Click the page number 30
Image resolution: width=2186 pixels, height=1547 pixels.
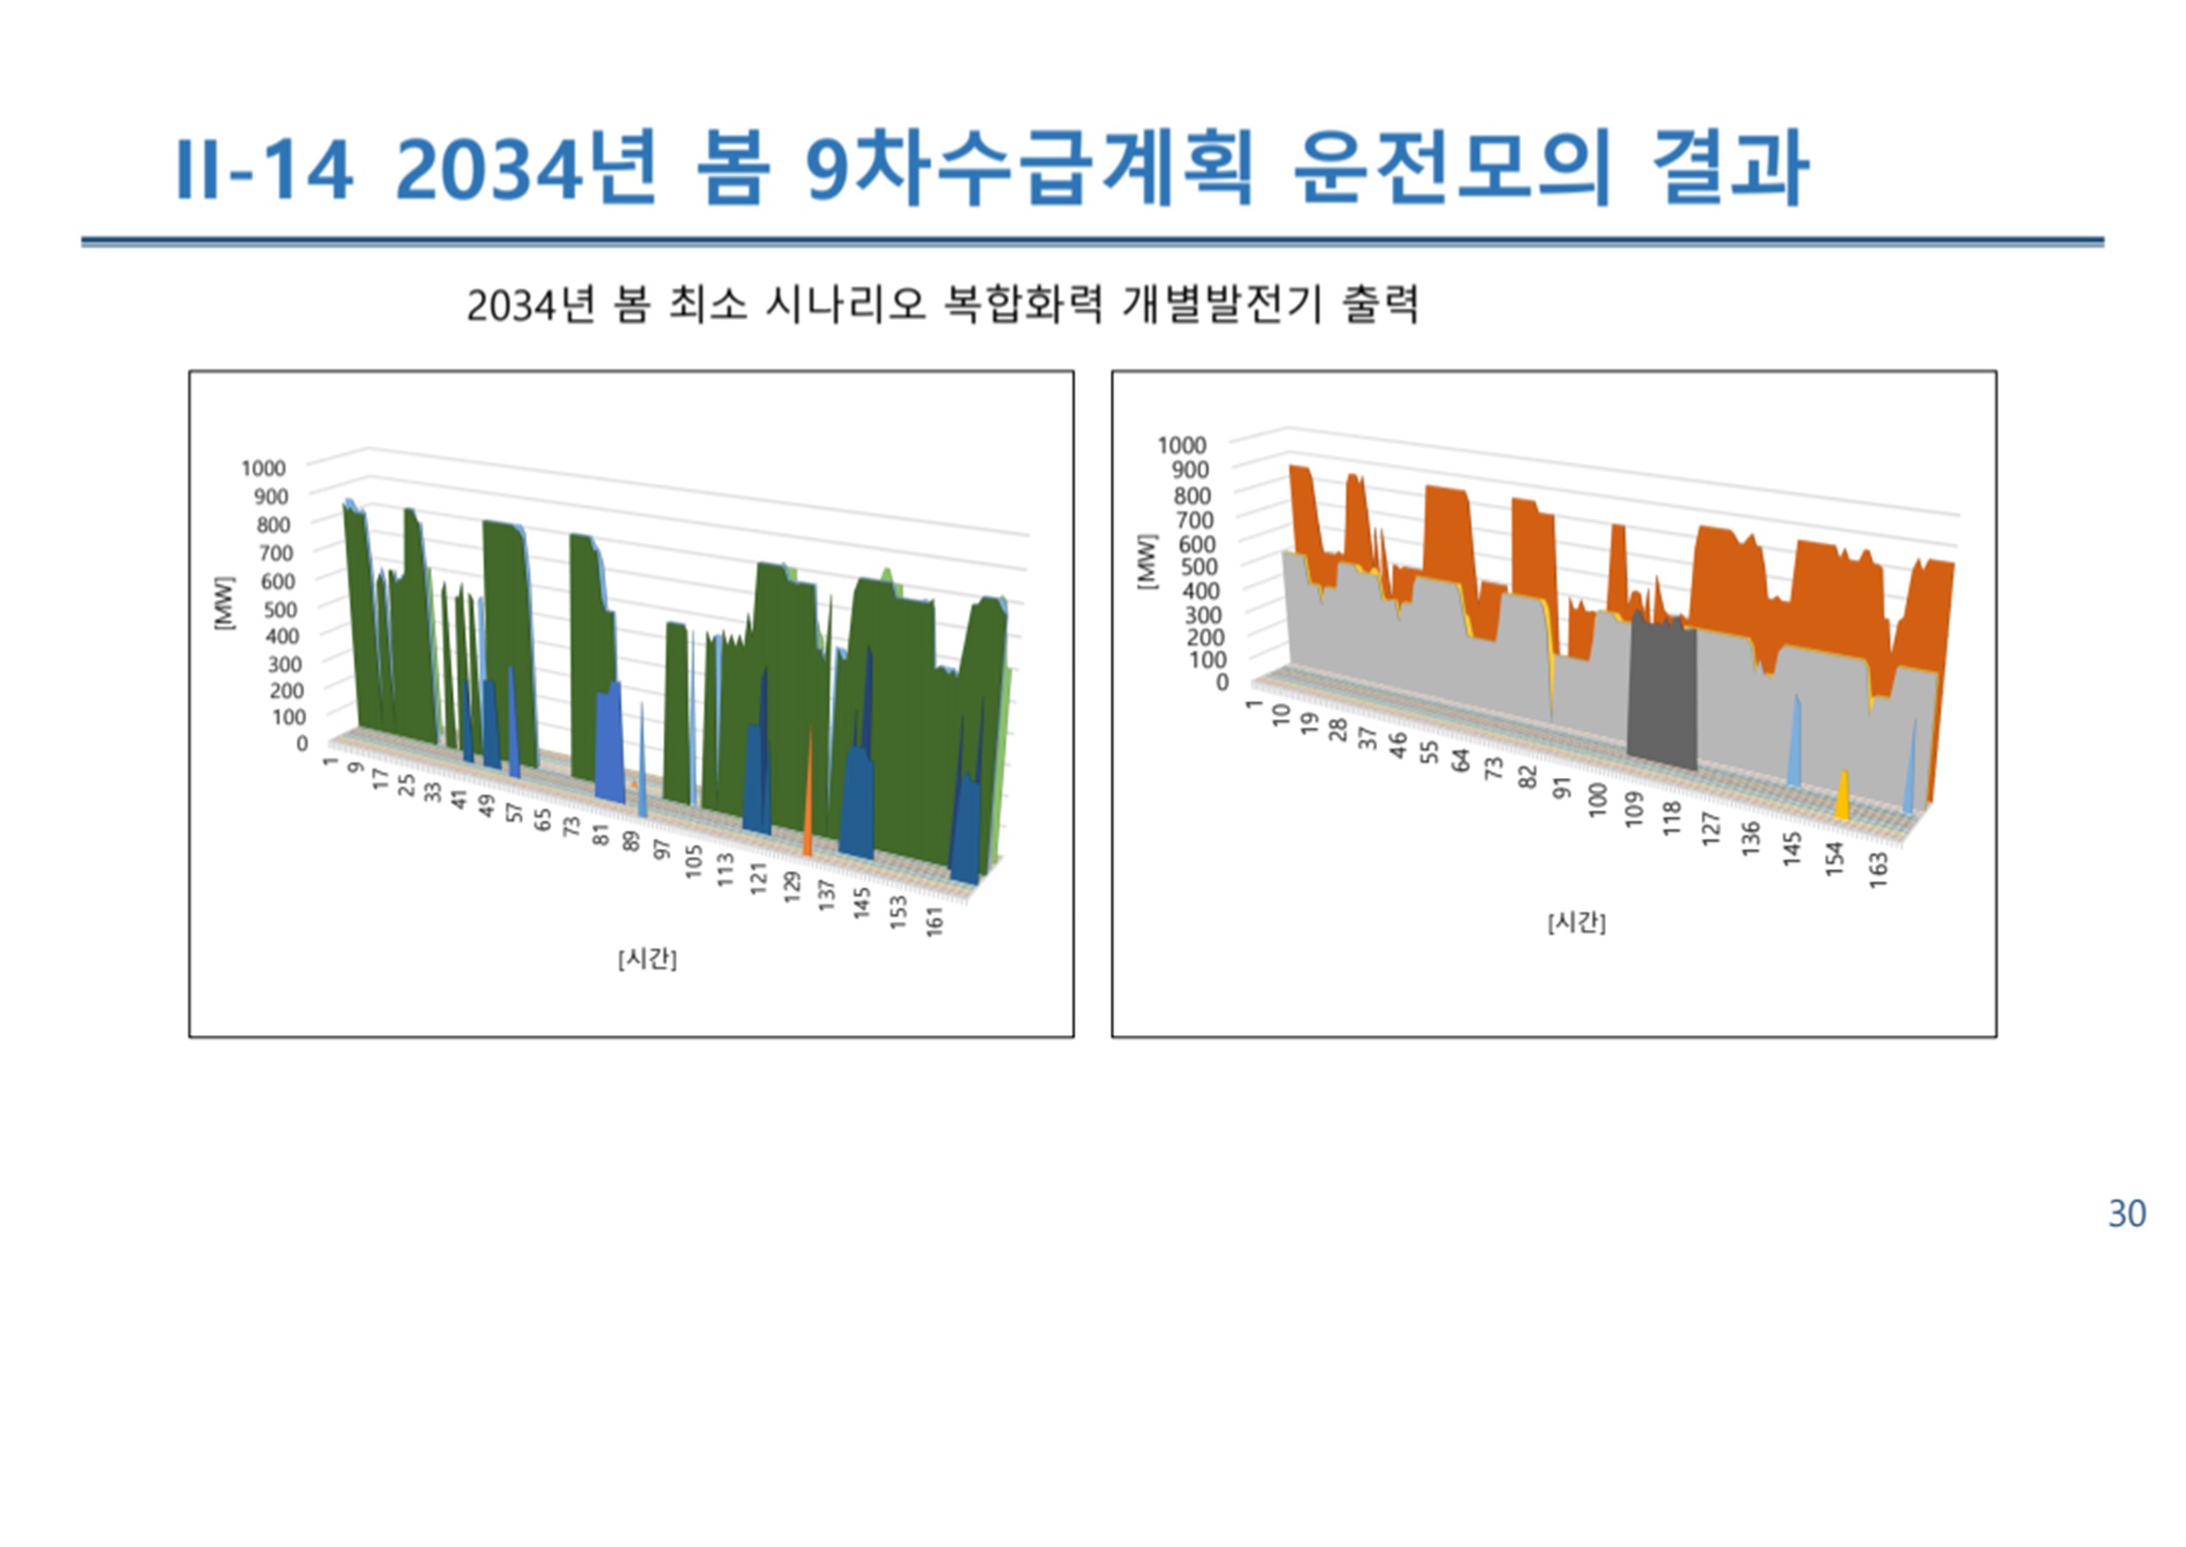[x=2127, y=1213]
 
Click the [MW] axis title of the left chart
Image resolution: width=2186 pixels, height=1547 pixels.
[x=224, y=602]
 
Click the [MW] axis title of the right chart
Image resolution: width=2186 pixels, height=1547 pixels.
[x=1147, y=560]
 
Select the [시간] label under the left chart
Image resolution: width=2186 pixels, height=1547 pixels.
[x=648, y=959]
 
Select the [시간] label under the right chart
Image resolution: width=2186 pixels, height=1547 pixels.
[x=1577, y=922]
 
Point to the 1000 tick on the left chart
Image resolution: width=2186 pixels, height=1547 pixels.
[x=264, y=467]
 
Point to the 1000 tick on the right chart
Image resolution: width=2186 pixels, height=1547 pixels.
[x=1182, y=445]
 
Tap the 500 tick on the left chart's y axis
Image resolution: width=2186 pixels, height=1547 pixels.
[x=279, y=608]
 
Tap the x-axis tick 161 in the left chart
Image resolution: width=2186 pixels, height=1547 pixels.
[x=934, y=921]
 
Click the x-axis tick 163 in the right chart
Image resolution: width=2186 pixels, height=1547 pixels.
[x=1877, y=870]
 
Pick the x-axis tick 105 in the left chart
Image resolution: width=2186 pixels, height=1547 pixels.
[x=694, y=861]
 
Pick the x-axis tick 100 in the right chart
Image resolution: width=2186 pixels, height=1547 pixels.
[x=1598, y=798]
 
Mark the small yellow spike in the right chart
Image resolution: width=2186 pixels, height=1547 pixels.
[x=1842, y=795]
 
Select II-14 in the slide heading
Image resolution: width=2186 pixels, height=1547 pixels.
[x=264, y=169]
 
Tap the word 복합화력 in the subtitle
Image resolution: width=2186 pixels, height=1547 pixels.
[x=1022, y=305]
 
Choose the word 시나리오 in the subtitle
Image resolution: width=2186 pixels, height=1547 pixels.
[x=845, y=305]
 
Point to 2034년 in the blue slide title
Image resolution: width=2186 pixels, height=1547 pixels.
[x=526, y=168]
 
